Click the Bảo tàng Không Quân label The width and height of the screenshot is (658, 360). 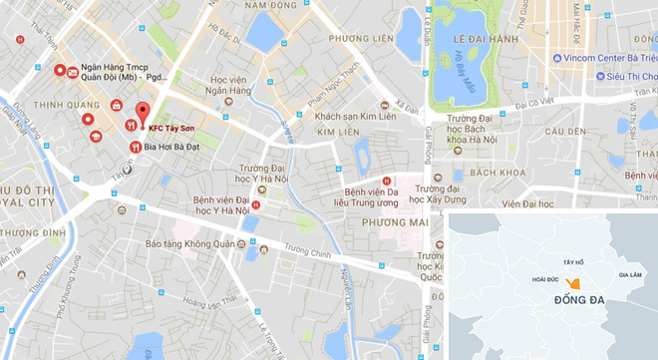pos(186,243)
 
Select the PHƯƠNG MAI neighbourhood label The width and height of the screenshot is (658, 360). pos(362,222)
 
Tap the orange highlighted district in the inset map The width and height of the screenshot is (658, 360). pos(572,284)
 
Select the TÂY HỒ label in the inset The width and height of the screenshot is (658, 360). pos(572,261)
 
